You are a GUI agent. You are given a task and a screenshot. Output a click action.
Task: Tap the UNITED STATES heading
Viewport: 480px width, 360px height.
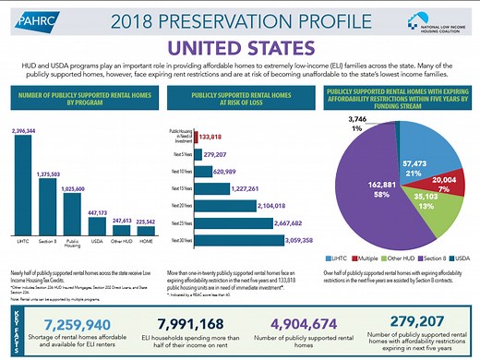pos(239,45)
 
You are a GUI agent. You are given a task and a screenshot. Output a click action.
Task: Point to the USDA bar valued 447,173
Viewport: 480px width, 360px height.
pos(96,221)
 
